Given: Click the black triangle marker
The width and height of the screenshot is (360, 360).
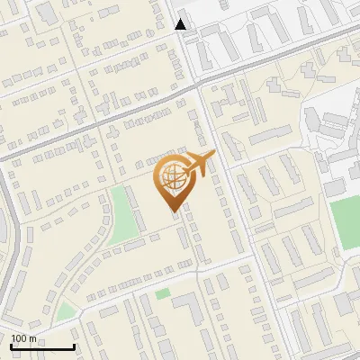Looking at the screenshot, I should (x=181, y=24).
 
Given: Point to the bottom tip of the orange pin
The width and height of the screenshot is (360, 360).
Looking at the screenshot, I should (x=174, y=211).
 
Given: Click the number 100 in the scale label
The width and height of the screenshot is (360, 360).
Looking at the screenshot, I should (x=19, y=338).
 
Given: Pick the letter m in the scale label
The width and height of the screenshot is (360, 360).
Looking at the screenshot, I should (x=32, y=338).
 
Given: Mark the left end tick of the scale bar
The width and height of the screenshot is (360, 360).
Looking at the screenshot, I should (x=11, y=346).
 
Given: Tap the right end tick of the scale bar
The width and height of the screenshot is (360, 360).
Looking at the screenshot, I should (x=74, y=346).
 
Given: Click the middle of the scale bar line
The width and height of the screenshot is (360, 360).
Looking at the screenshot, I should (x=42, y=347).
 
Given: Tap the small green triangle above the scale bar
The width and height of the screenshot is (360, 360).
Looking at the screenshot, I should (x=65, y=312).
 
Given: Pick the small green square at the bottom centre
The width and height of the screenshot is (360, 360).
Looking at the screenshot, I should (x=162, y=294).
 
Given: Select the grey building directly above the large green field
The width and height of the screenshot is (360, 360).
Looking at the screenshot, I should (x=335, y=187).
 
